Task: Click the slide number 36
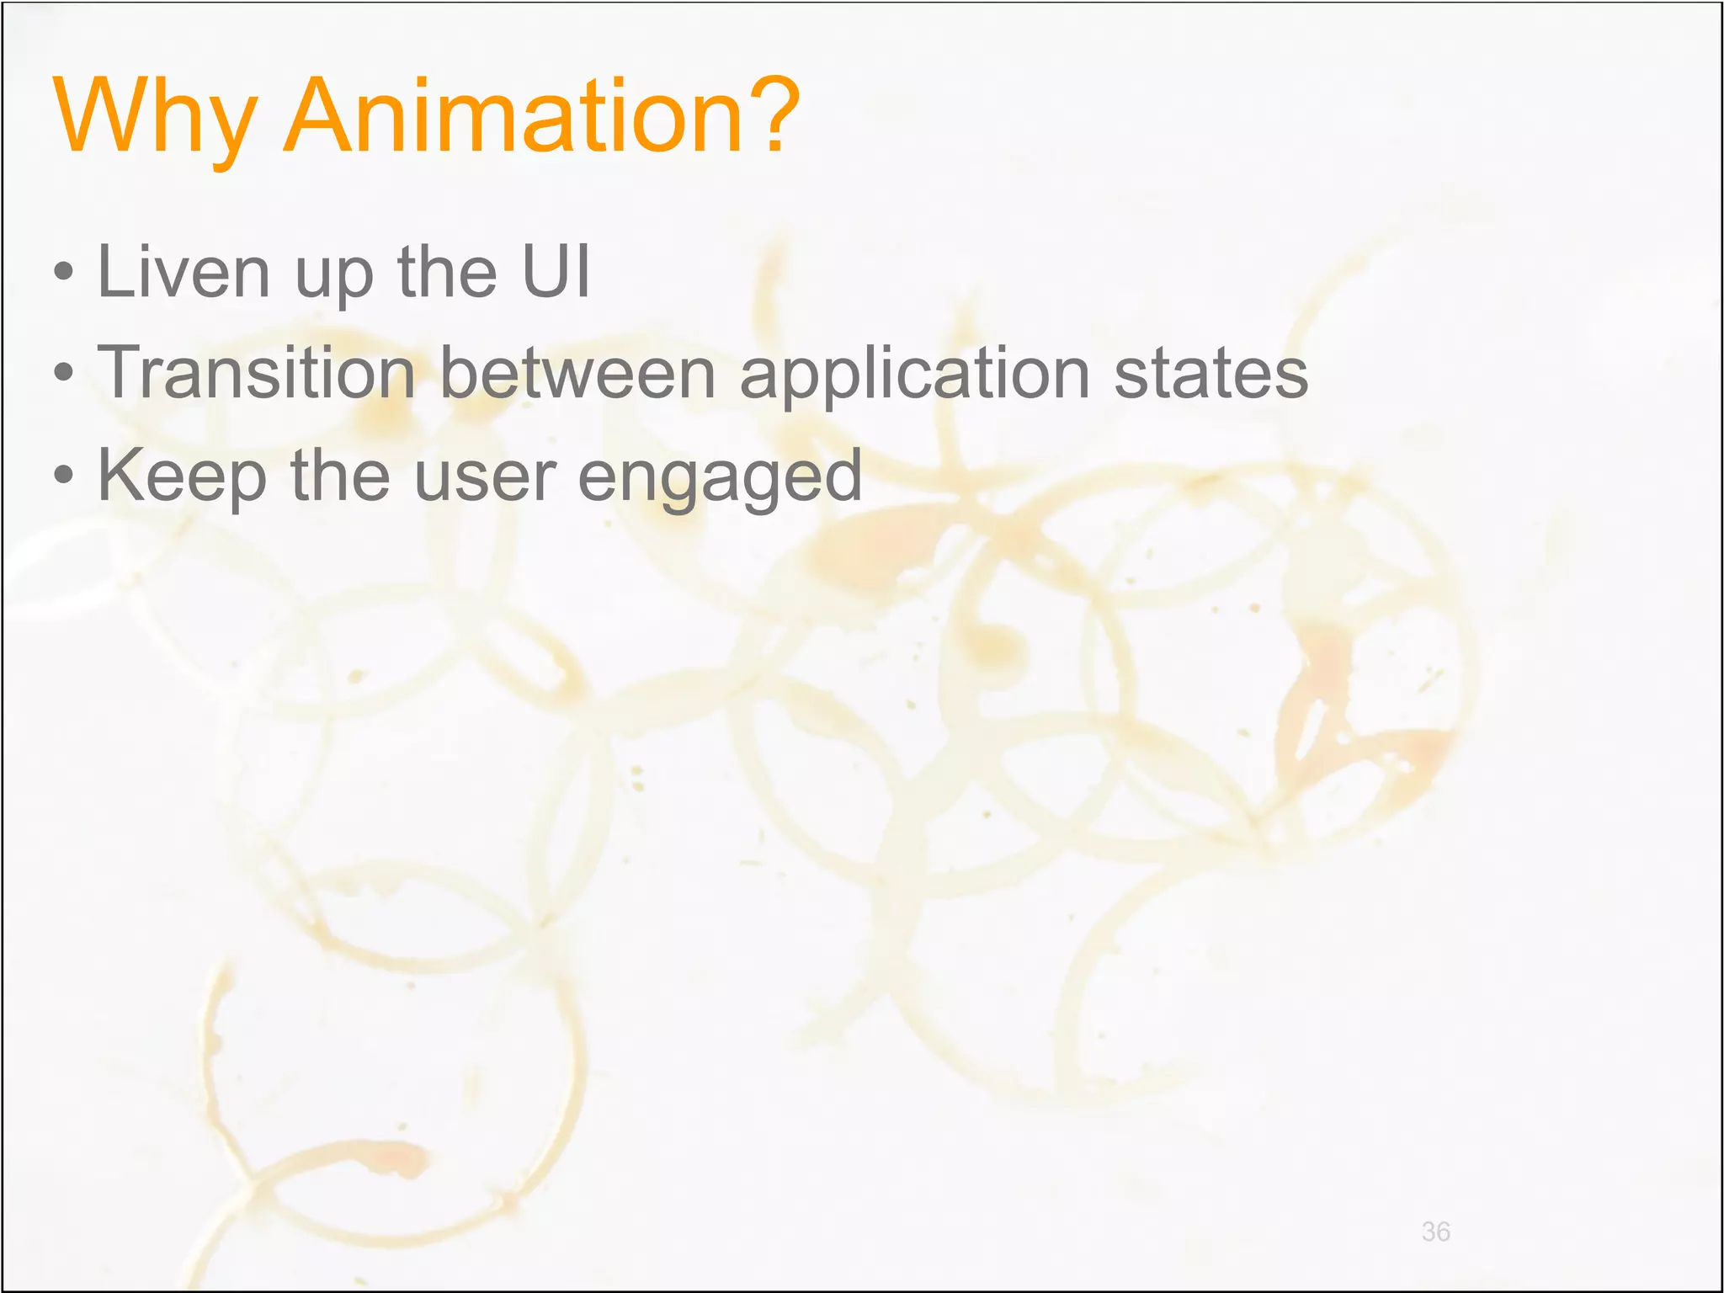pos(1435,1232)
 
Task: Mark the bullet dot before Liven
pos(63,273)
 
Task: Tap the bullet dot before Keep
pos(63,476)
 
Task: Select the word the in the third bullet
pos(340,476)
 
